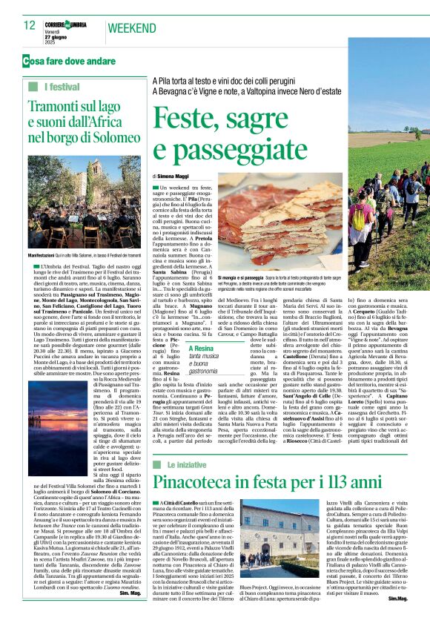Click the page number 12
click(30, 26)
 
